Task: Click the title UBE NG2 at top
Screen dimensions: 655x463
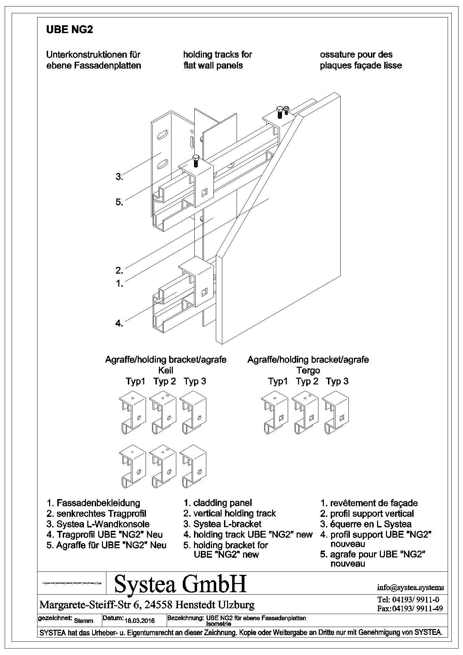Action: click(x=70, y=30)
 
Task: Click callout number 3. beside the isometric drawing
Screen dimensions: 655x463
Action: click(x=119, y=177)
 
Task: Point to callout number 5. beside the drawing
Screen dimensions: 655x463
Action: click(x=119, y=202)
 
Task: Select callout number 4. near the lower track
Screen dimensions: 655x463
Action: click(x=119, y=323)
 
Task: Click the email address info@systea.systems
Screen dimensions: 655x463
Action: click(x=410, y=587)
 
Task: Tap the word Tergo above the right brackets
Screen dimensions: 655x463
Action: click(x=308, y=370)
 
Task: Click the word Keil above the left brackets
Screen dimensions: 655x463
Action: click(x=166, y=370)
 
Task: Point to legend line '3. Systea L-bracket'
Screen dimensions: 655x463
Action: click(x=222, y=524)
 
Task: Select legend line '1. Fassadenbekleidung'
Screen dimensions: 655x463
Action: click(x=93, y=503)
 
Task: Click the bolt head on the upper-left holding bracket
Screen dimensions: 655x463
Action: click(x=196, y=157)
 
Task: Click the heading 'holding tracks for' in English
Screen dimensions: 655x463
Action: click(x=218, y=55)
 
